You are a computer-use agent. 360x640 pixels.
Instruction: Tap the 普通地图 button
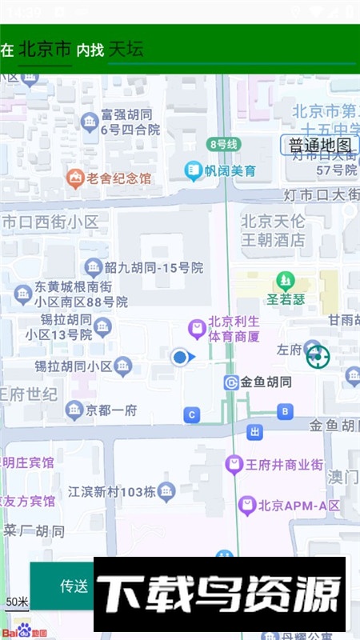point(319,145)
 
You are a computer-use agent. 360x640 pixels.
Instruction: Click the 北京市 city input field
point(45,50)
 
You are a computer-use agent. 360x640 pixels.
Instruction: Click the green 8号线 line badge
point(223,144)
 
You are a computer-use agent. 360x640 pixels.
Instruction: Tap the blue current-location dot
point(181,358)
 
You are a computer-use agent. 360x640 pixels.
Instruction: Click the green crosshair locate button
point(318,357)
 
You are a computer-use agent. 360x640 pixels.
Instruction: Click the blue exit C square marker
point(192,414)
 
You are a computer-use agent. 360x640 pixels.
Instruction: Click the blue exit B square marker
point(285,412)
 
